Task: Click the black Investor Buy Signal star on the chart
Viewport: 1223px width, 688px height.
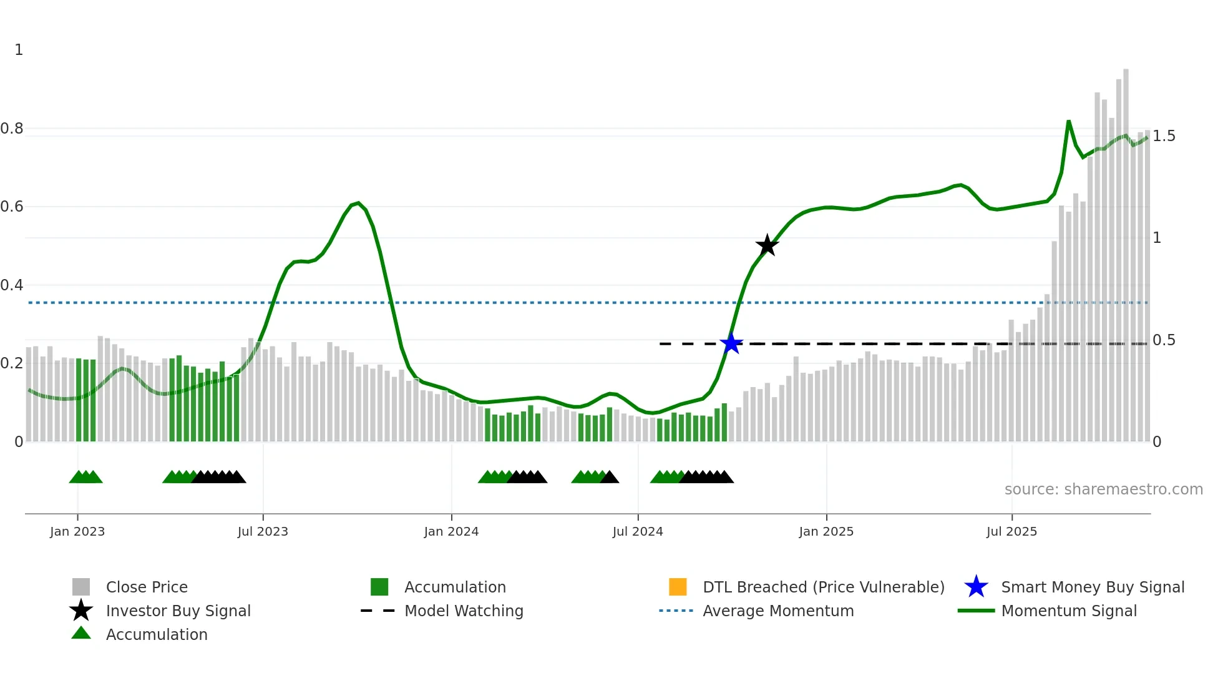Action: [767, 245]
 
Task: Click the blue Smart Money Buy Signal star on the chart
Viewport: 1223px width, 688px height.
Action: [731, 343]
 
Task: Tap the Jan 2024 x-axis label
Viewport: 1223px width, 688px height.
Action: [451, 531]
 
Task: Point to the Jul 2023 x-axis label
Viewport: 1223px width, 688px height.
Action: [263, 531]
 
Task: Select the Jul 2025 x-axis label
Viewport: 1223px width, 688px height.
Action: [1011, 531]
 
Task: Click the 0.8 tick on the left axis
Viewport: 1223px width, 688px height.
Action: [12, 129]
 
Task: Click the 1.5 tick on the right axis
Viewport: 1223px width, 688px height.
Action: [1164, 136]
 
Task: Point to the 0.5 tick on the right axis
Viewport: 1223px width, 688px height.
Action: [1164, 340]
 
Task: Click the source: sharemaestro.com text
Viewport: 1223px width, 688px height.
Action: [1103, 489]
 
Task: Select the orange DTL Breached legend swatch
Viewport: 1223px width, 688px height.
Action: [678, 587]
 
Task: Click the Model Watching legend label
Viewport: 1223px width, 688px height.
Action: [464, 611]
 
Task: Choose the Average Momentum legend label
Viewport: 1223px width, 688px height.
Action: [778, 611]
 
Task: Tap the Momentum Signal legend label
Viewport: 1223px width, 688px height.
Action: [1069, 611]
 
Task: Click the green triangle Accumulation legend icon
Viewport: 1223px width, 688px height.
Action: [81, 633]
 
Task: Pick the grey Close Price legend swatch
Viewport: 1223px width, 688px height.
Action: [81, 587]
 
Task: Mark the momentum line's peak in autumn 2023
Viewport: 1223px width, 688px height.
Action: [358, 203]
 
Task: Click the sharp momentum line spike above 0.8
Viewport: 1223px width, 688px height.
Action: [1068, 122]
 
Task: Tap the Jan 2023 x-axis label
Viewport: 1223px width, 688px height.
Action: [77, 531]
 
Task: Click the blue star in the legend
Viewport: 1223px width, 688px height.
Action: [976, 587]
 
